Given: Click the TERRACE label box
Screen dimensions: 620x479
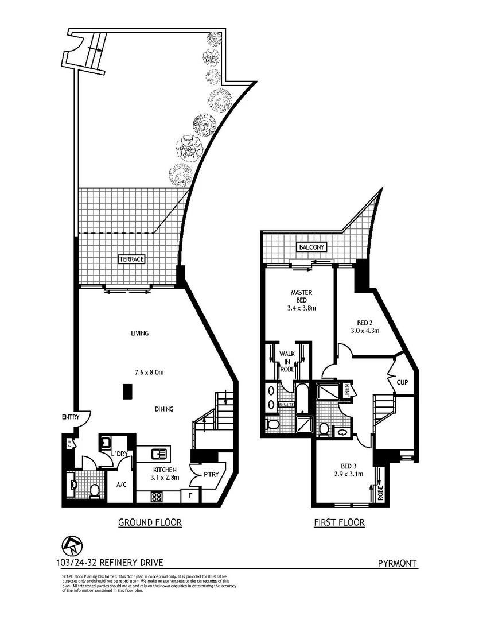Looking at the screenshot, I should pos(131,259).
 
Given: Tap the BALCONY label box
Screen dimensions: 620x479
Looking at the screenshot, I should pos(311,247).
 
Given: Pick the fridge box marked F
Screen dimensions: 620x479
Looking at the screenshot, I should pos(189,495).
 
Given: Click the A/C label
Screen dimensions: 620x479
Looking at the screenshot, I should pos(121,485).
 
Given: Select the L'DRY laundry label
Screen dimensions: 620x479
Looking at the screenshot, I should pos(119,455).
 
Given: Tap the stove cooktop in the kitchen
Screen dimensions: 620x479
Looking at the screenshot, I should pos(156,497).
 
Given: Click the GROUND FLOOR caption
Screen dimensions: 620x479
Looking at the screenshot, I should pos(150,522).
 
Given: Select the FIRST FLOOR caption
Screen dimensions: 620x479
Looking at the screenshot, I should pos(339,522).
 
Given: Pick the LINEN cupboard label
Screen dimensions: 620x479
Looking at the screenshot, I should pos(347,390).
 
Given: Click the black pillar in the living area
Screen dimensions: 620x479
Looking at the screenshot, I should pos(127,392).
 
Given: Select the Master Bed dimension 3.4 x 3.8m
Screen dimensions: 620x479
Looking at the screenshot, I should pos(302,308).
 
